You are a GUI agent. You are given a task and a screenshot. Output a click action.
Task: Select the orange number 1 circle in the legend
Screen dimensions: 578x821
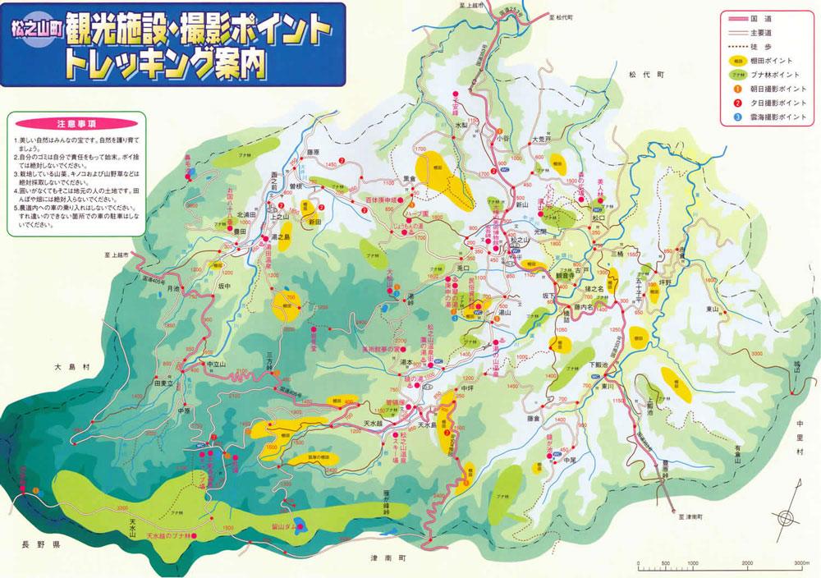click(737, 89)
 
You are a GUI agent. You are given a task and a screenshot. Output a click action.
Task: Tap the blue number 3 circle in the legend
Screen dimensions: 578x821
click(737, 117)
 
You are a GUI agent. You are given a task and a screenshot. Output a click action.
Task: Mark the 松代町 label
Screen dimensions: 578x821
click(651, 75)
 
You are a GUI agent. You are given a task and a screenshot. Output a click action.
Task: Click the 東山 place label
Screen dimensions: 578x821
click(712, 310)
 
